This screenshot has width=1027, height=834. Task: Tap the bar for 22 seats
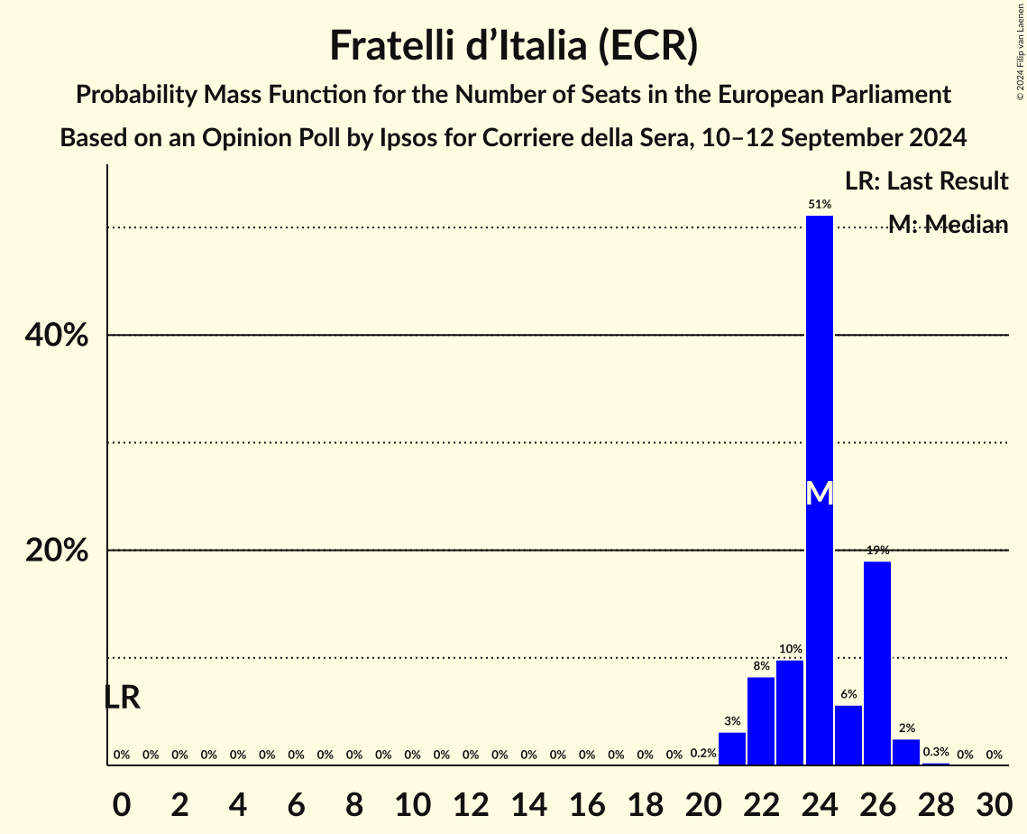tap(761, 721)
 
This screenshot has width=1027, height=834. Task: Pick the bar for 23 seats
tap(790, 713)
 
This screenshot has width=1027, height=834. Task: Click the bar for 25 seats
tap(848, 735)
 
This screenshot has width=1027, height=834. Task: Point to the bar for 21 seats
tap(732, 748)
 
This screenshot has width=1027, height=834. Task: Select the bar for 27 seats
tap(906, 752)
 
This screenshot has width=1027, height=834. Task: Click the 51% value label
tap(819, 205)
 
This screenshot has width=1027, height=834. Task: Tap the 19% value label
tap(877, 551)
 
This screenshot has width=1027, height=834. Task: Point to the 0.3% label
tap(936, 752)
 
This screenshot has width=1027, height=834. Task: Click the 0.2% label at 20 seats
tap(703, 753)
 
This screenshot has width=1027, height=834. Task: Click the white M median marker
tap(819, 493)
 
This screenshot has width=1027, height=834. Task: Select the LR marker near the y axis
tap(122, 697)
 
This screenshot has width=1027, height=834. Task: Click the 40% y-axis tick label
tap(56, 336)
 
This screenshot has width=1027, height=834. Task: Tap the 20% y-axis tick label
tap(56, 551)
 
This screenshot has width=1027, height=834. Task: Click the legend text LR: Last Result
tap(926, 181)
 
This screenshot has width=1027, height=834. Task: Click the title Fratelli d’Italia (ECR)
tap(513, 45)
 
